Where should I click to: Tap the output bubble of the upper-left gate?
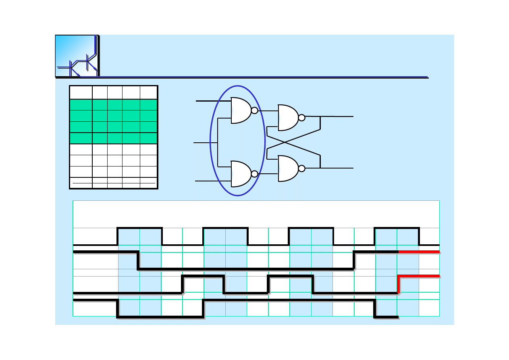[x=254, y=110]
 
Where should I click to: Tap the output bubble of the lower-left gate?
[x=254, y=174]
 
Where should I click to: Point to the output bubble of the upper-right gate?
[x=301, y=118]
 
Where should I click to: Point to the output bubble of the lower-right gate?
[x=301, y=169]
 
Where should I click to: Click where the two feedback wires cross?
[x=285, y=142]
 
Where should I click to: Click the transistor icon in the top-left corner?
[x=77, y=56]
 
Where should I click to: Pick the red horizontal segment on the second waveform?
[x=419, y=252]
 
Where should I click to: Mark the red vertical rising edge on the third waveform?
[x=398, y=284]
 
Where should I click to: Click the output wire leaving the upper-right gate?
[x=339, y=117]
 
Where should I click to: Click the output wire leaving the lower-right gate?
[x=339, y=168]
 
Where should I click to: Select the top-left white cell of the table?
[x=81, y=92]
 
